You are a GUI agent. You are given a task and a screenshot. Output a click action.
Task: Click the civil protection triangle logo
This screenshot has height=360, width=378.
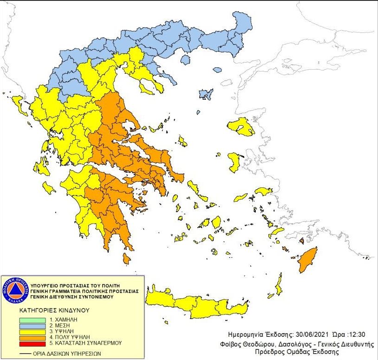15,290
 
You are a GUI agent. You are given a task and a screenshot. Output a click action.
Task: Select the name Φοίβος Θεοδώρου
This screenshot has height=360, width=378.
246,344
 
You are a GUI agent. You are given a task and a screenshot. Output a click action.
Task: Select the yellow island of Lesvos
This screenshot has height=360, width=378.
241,126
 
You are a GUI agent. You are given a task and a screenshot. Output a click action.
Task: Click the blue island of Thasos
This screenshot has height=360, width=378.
186,60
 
